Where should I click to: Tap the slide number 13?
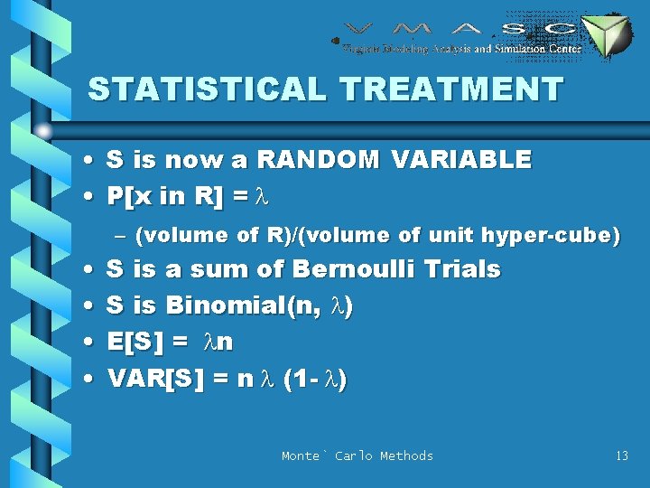[x=621, y=455]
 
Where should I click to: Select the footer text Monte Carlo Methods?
[x=357, y=455]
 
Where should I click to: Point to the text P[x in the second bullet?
[x=128, y=196]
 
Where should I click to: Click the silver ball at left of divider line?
[x=44, y=132]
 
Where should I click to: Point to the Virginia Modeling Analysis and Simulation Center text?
[x=461, y=49]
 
